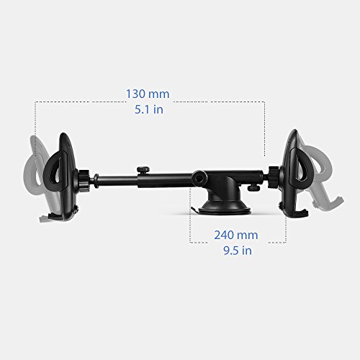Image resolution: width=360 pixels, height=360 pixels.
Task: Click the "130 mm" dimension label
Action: (148, 94)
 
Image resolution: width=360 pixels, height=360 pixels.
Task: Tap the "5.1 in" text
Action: (149, 109)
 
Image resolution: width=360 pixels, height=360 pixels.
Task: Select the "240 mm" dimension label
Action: (236, 235)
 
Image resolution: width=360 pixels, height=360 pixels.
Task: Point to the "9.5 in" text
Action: (238, 251)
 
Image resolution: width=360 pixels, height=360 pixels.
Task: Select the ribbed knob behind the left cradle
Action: (84, 180)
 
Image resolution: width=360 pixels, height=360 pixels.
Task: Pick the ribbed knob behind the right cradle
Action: (274, 177)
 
